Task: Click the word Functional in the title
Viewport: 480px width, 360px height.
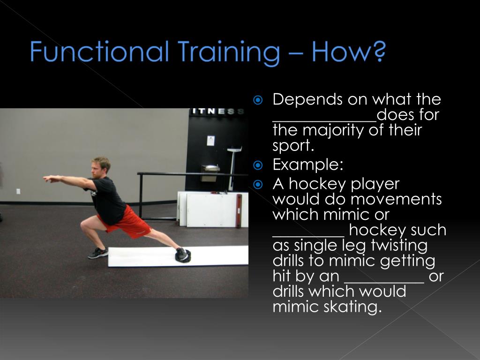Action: pyautogui.click(x=99, y=51)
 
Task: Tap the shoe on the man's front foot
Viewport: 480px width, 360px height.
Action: pyautogui.click(x=98, y=253)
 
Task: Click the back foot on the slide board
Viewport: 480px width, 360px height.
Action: pyautogui.click(x=182, y=255)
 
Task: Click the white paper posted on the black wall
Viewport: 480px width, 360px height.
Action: pyautogui.click(x=210, y=141)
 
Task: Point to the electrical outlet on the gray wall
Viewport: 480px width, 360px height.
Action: pyautogui.click(x=18, y=191)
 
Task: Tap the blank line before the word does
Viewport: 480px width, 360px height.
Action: pyautogui.click(x=324, y=119)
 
